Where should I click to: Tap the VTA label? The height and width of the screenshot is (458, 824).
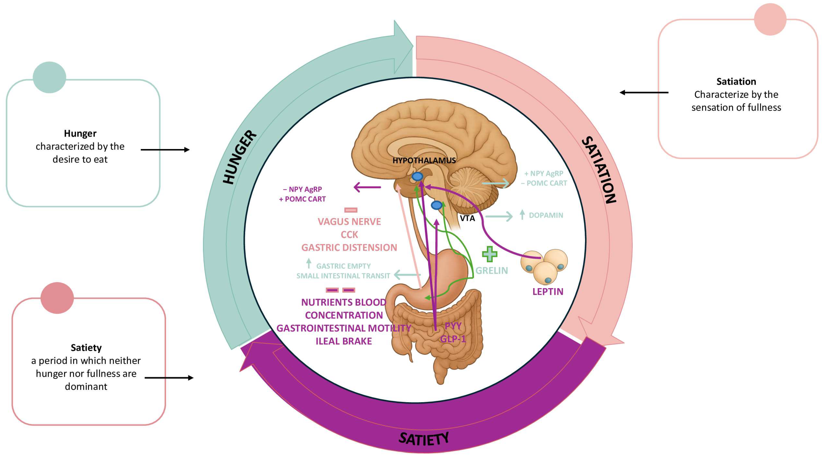pyautogui.click(x=467, y=218)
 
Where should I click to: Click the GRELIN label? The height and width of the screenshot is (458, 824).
pyautogui.click(x=491, y=271)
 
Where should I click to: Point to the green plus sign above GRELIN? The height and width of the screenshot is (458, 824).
pyautogui.click(x=489, y=254)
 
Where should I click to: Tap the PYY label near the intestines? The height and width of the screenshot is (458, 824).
pyautogui.click(x=453, y=326)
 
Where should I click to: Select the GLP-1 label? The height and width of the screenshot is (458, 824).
pyautogui.click(x=453, y=339)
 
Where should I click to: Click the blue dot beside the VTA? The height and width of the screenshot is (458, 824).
pyautogui.click(x=437, y=205)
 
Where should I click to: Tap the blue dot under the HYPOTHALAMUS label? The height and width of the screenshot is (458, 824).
pyautogui.click(x=417, y=176)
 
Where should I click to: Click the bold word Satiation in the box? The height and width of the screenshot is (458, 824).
pyautogui.click(x=736, y=82)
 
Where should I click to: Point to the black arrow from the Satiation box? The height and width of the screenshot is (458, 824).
pyautogui.click(x=644, y=93)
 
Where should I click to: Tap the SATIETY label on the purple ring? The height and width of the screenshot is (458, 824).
pyautogui.click(x=424, y=439)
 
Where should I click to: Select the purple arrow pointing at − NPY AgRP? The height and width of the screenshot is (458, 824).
pyautogui.click(x=367, y=187)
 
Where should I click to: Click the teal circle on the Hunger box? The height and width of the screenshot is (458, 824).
pyautogui.click(x=49, y=77)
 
